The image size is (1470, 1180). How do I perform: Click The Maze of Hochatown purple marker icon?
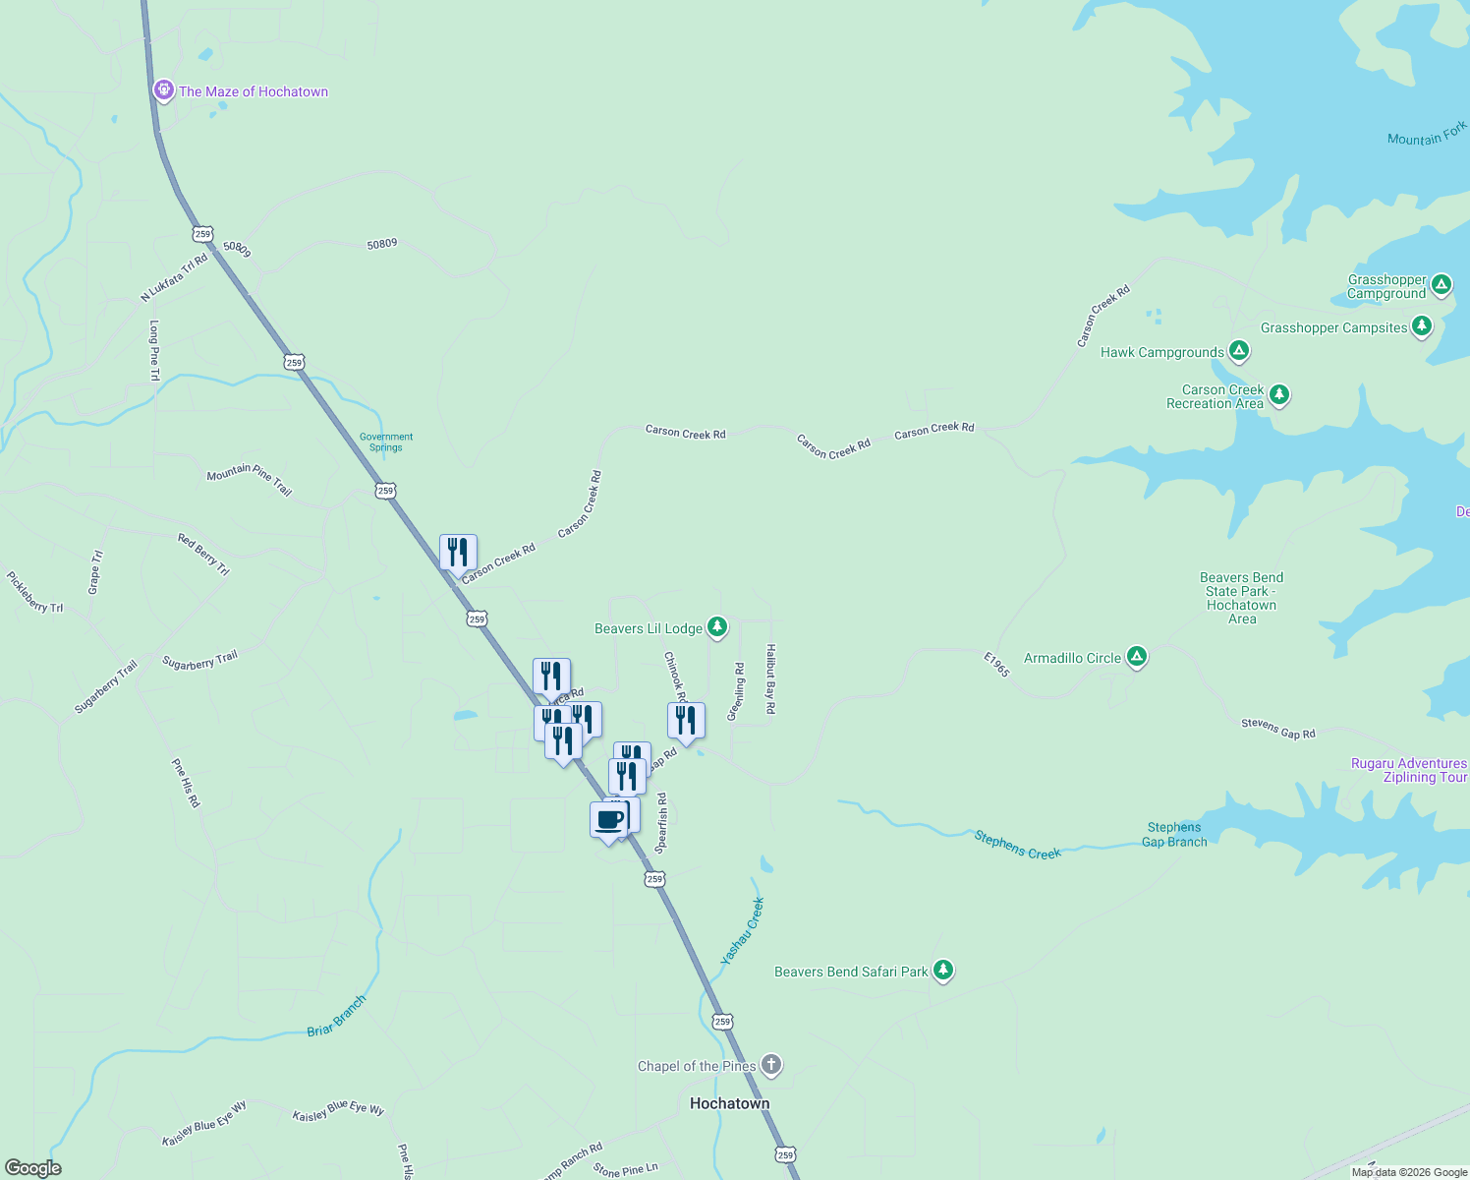[164, 90]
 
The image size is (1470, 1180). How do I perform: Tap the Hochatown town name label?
[729, 1103]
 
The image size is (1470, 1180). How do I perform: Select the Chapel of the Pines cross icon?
[771, 1064]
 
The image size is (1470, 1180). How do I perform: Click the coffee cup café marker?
[608, 819]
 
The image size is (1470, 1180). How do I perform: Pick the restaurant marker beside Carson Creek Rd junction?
[458, 553]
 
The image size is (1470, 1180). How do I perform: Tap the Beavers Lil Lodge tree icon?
[717, 626]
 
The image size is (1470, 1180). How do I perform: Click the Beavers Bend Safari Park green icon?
[943, 970]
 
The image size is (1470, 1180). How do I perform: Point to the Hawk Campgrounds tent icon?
[1239, 350]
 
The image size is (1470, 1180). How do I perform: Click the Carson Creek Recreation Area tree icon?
[1278, 394]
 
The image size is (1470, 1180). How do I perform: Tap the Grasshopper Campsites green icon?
[1421, 325]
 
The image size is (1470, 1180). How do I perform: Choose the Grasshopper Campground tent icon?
[1442, 285]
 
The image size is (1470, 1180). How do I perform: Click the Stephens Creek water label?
[1017, 846]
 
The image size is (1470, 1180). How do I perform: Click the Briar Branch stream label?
[336, 1016]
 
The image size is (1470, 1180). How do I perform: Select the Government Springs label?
[386, 442]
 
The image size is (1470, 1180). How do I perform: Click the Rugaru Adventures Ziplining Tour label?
[1409, 770]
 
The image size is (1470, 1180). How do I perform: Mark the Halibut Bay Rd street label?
[771, 678]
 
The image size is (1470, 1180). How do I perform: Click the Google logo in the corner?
[33, 1167]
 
